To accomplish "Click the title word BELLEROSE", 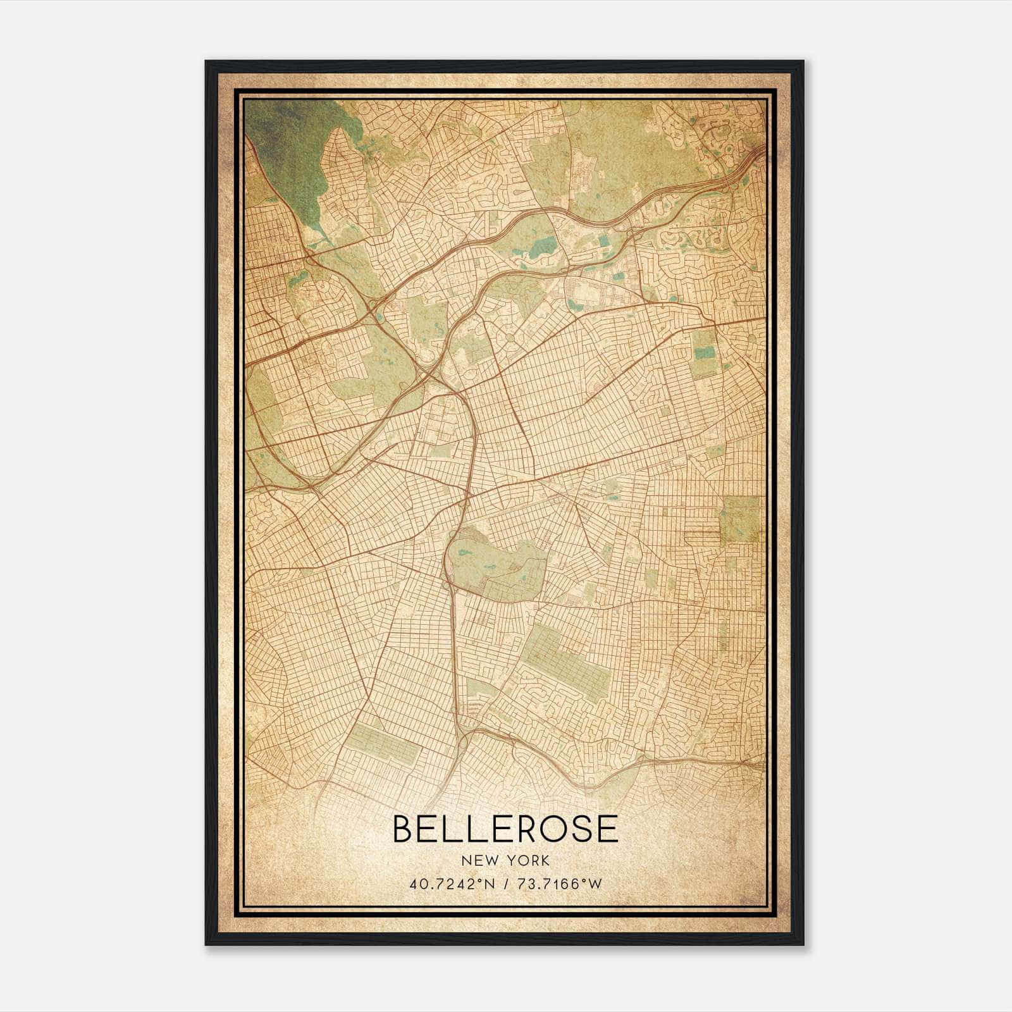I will [505, 829].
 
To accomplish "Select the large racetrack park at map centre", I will [497, 563].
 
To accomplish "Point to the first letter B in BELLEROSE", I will [403, 829].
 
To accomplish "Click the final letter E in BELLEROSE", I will [607, 829].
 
